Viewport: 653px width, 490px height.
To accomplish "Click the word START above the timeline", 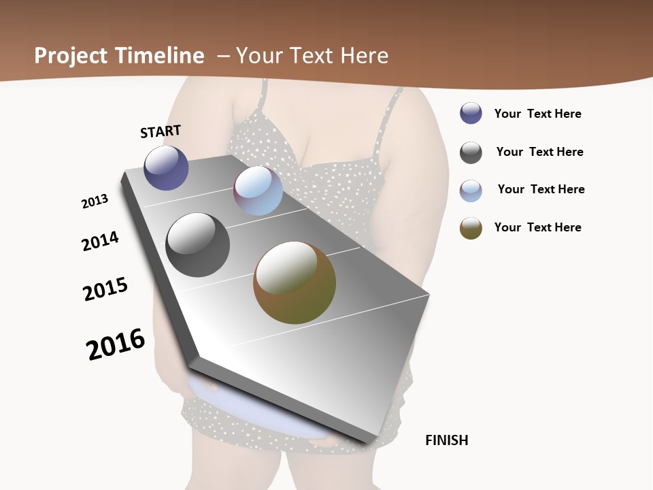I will coord(161,131).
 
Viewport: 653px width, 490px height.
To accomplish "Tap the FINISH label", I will coord(447,440).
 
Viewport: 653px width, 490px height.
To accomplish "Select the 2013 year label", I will coord(95,201).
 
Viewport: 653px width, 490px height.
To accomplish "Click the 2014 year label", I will coord(100,241).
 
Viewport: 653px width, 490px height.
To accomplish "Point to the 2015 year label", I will coord(105,289).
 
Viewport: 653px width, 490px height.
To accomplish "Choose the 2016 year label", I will coord(116,344).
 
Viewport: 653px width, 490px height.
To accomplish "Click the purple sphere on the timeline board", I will coord(166,168).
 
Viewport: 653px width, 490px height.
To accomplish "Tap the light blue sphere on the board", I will coord(258,191).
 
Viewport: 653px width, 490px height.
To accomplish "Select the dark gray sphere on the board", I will coord(197,245).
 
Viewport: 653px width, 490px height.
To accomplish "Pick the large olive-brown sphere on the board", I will coord(295,282).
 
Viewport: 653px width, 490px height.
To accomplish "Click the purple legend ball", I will coord(471,114).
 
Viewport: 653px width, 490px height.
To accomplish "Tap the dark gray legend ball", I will coord(471,152).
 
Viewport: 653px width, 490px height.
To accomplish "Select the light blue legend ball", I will coord(471,191).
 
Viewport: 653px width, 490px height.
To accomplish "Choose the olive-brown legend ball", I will coord(471,228).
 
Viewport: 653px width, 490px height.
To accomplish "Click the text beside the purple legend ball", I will coord(537,114).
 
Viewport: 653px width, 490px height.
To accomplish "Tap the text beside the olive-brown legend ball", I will coord(537,227).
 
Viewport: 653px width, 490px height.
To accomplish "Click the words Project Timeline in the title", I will coord(119,56).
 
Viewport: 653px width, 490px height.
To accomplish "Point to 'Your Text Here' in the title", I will coord(312,56).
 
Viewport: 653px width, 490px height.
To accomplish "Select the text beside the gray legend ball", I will coord(539,152).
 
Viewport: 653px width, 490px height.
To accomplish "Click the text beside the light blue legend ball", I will coord(541,189).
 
